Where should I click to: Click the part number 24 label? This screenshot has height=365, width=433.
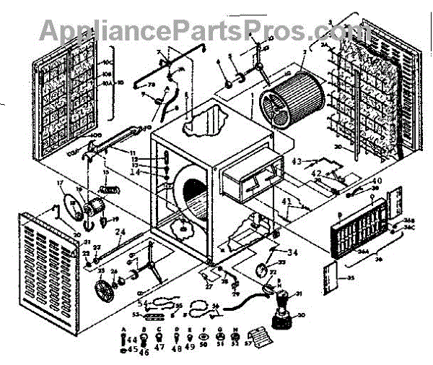pos(121,232)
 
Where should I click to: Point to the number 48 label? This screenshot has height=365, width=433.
pos(178,348)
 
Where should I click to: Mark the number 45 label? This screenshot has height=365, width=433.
pos(131,352)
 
